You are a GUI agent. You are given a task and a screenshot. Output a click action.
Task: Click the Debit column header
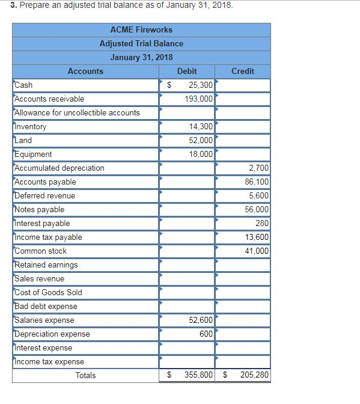(x=187, y=71)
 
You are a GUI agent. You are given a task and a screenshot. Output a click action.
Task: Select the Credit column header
(x=243, y=71)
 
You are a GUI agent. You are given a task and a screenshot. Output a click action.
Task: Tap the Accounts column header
(x=85, y=71)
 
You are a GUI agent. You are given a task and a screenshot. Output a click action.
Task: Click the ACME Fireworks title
(x=141, y=29)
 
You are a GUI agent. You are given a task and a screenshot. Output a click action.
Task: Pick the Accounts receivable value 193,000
(x=198, y=99)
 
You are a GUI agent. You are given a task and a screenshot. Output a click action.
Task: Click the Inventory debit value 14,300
(x=200, y=127)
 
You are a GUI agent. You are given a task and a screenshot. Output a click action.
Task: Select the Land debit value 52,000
(x=200, y=140)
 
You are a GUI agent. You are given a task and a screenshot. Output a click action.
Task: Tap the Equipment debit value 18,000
(x=200, y=154)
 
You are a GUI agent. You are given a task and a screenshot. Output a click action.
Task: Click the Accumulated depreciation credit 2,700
(x=258, y=168)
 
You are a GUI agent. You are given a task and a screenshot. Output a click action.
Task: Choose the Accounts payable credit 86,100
(x=257, y=182)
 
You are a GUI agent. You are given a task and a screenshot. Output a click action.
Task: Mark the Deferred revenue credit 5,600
(x=258, y=196)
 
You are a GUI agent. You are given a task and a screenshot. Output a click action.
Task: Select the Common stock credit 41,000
(x=257, y=251)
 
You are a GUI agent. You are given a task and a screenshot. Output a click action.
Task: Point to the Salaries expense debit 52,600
(x=200, y=320)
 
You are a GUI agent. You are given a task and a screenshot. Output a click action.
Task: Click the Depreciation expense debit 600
(x=206, y=334)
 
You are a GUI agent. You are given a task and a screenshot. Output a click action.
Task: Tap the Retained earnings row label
(x=46, y=265)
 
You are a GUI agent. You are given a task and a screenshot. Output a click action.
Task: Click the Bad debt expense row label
(x=46, y=307)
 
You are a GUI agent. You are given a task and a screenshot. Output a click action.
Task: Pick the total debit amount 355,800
(x=198, y=376)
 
